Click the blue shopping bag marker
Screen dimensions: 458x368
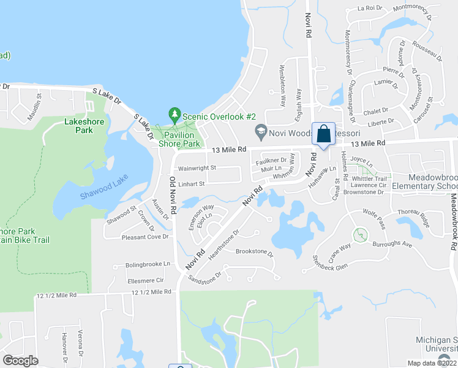(323, 134)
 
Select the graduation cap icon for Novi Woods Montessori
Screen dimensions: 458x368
(260, 130)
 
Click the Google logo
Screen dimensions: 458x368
(21, 361)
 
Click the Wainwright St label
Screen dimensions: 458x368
(197, 167)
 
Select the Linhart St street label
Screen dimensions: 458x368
(192, 183)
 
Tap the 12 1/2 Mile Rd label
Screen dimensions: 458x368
(57, 295)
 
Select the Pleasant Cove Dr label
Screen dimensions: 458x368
(145, 237)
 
